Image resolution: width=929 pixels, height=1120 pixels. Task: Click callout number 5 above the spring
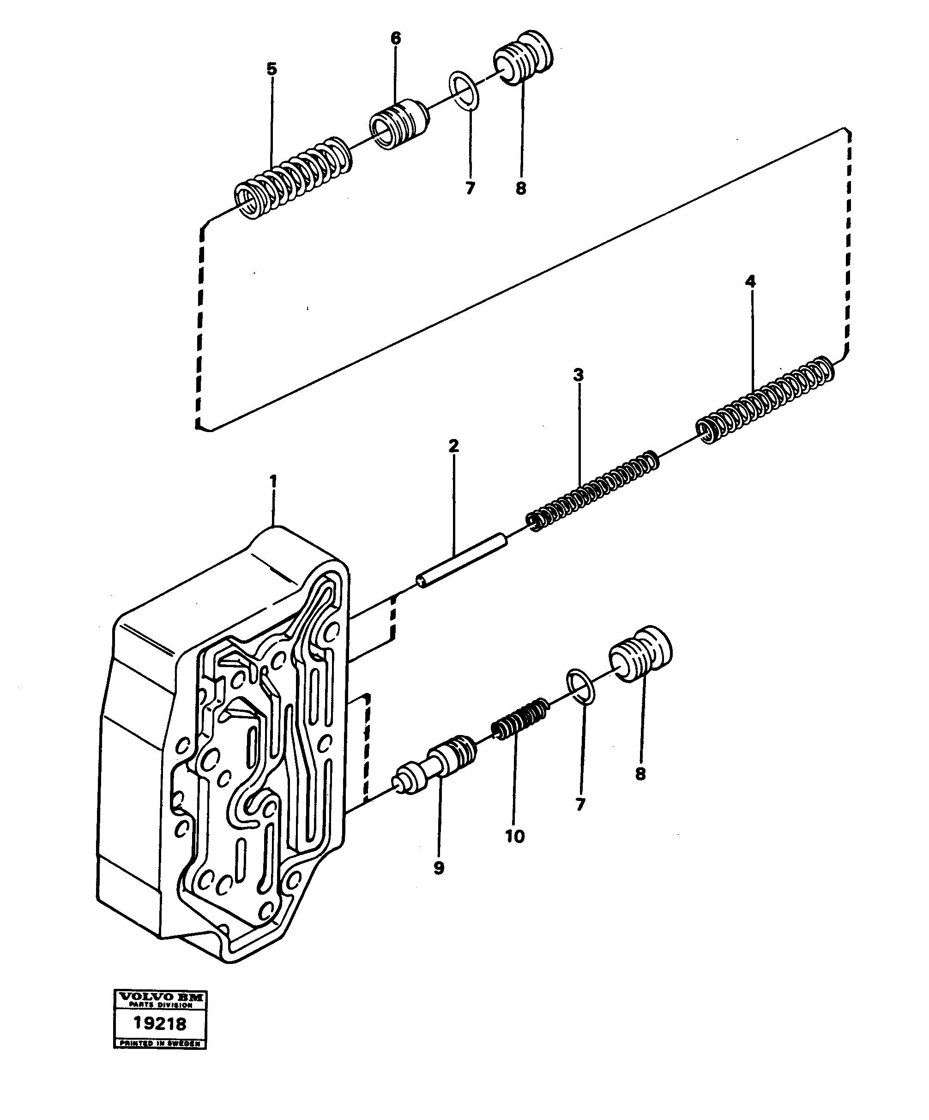[x=272, y=69]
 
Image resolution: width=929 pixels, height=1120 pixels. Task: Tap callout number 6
[x=395, y=38]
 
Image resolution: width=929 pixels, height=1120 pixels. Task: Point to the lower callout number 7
[x=581, y=804]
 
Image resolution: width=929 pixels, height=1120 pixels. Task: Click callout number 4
[x=750, y=281]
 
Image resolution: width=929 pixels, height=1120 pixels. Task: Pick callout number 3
[x=579, y=375]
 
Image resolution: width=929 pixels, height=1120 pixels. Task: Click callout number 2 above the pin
[x=453, y=446]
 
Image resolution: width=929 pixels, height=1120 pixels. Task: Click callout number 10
[x=515, y=836]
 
